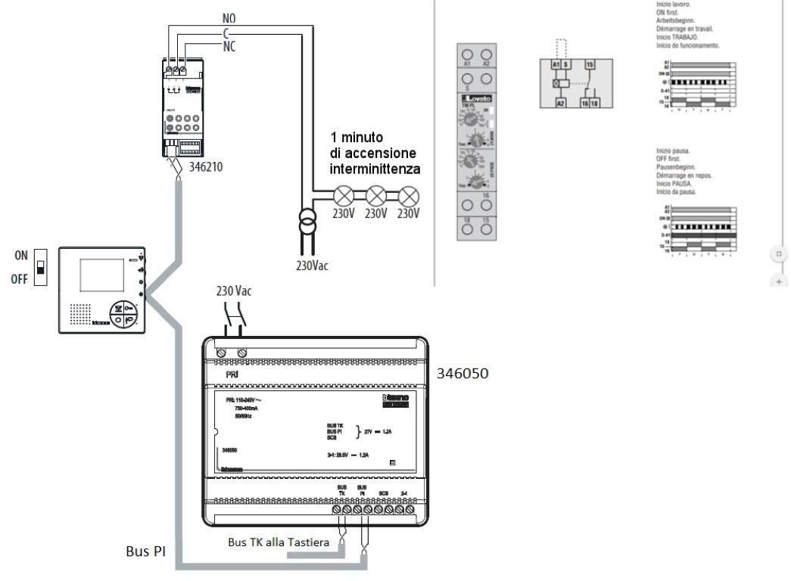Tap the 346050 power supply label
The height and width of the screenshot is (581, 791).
point(462,374)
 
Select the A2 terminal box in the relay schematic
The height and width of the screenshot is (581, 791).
point(562,103)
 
